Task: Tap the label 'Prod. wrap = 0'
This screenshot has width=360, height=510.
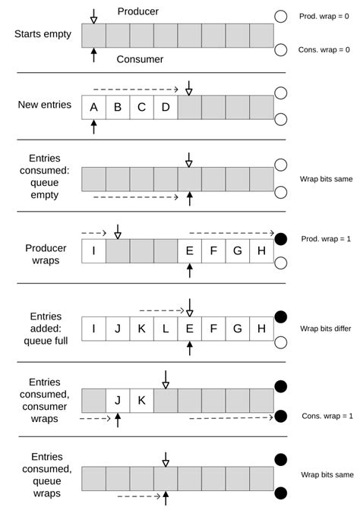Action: pyautogui.click(x=325, y=16)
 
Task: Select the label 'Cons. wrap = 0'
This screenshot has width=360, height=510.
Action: pyautogui.click(x=325, y=50)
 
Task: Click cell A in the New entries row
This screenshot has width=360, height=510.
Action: pyautogui.click(x=93, y=107)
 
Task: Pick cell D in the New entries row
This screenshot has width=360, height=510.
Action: pyautogui.click(x=166, y=107)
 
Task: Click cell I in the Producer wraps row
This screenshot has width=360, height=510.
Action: pyautogui.click(x=93, y=250)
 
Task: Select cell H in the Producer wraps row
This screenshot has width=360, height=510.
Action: pyautogui.click(x=261, y=250)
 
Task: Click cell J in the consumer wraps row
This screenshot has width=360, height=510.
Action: pyautogui.click(x=118, y=400)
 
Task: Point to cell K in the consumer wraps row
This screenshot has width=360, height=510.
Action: pyautogui.click(x=141, y=400)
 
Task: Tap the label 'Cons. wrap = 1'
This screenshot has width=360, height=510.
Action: pyautogui.click(x=327, y=416)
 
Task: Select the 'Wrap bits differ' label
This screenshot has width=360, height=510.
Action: pyautogui.click(x=326, y=329)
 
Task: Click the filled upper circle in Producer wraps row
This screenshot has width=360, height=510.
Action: pyautogui.click(x=280, y=238)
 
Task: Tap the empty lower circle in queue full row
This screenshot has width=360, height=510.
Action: pyautogui.click(x=280, y=342)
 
